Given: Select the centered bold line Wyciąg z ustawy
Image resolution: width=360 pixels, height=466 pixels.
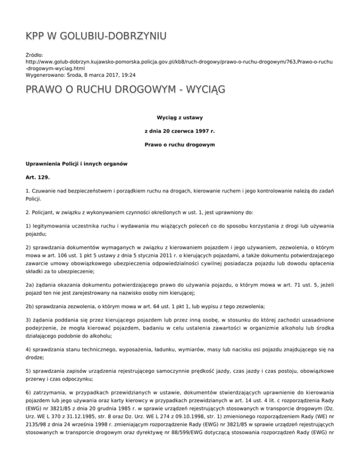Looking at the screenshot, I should pyautogui.click(x=180, y=117).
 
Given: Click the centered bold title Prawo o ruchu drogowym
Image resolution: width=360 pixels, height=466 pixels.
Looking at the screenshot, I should pyautogui.click(x=180, y=145).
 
